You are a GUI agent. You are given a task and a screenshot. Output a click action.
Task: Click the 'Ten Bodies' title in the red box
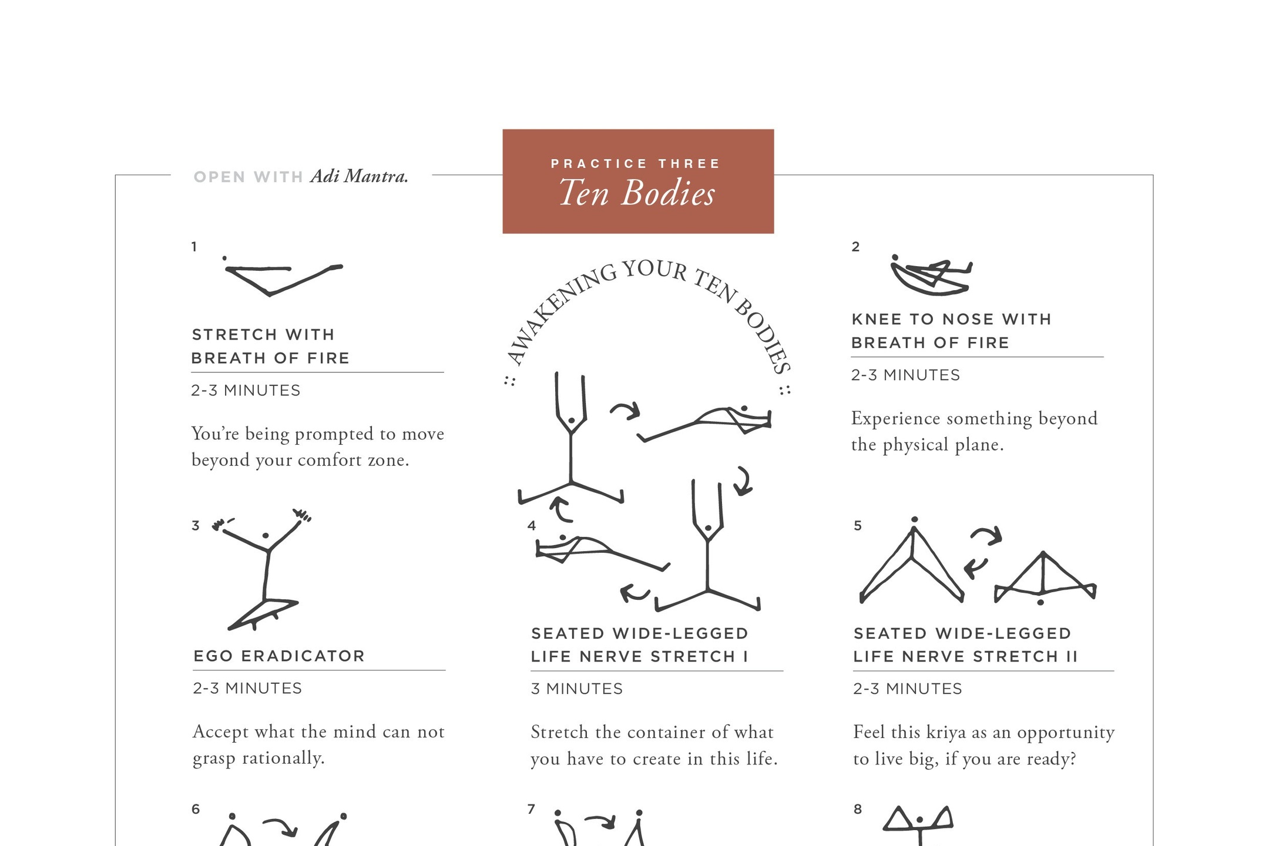click(637, 193)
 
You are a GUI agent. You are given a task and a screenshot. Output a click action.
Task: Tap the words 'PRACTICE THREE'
click(636, 164)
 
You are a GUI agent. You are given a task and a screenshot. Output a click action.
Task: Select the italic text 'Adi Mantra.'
click(360, 176)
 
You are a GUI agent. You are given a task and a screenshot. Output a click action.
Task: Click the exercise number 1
click(194, 247)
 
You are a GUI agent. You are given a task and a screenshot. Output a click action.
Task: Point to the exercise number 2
click(855, 247)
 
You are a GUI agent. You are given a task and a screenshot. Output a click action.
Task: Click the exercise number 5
click(858, 526)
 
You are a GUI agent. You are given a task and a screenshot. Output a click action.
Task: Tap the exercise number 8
click(858, 810)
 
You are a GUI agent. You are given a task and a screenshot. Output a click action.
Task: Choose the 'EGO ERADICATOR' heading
click(279, 656)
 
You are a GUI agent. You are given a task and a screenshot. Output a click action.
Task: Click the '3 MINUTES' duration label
click(576, 689)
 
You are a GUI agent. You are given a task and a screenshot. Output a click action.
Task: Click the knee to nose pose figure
click(931, 275)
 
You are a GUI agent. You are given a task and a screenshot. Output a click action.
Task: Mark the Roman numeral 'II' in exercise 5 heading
click(1072, 656)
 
